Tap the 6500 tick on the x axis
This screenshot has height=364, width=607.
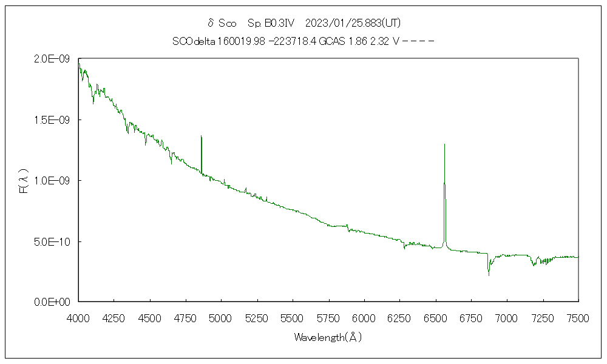tap(435, 317)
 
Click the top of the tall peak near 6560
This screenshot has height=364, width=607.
tap(445, 144)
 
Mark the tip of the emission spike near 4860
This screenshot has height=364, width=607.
tap(201, 136)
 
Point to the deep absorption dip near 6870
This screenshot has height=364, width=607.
tap(489, 275)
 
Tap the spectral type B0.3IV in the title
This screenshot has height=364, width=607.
tap(271, 23)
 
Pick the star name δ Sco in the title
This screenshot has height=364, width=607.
tap(222, 23)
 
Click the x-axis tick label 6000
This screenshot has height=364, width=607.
tap(364, 317)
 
